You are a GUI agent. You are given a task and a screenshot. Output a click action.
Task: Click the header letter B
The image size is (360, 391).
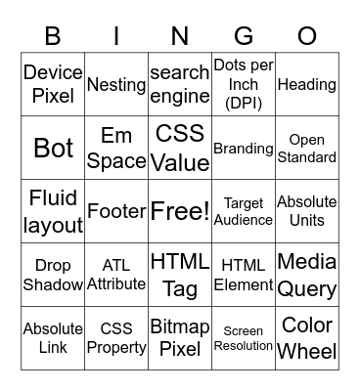click(53, 37)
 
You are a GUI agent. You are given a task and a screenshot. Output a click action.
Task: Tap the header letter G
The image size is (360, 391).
click(244, 37)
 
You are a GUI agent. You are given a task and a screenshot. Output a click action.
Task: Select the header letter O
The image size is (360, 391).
click(307, 37)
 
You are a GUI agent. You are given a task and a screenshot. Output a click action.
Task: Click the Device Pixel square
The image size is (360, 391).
click(53, 84)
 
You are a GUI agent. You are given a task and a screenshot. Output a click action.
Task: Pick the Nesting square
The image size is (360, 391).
click(116, 84)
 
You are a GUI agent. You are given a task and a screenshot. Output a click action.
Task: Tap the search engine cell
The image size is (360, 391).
click(180, 84)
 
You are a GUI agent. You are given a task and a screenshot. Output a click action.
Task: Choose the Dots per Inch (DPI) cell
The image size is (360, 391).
click(244, 84)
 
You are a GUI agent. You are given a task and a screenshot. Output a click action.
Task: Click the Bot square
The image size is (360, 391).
click(53, 148)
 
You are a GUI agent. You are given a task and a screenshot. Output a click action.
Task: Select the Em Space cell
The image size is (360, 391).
click(116, 148)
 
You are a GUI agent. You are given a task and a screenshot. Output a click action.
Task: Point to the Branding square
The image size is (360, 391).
click(244, 148)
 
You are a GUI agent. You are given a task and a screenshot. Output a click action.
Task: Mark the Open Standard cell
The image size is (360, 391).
click(307, 148)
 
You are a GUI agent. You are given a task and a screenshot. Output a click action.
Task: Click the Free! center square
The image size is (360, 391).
click(180, 211)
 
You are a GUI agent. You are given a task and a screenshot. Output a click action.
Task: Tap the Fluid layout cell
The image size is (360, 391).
click(53, 211)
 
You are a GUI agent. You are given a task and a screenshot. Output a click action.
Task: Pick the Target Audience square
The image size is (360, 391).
click(244, 211)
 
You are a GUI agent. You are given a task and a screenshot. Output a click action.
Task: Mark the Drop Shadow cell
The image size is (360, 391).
click(53, 275)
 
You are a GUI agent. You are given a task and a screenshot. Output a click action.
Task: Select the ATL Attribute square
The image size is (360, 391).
click(116, 275)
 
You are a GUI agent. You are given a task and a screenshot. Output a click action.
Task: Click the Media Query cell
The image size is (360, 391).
click(307, 275)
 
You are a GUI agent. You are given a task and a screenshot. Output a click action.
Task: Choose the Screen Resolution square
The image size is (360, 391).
click(244, 338)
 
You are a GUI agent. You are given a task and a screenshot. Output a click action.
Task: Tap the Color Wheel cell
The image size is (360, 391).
click(307, 338)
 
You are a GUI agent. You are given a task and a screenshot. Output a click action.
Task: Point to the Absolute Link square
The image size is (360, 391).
click(53, 338)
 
